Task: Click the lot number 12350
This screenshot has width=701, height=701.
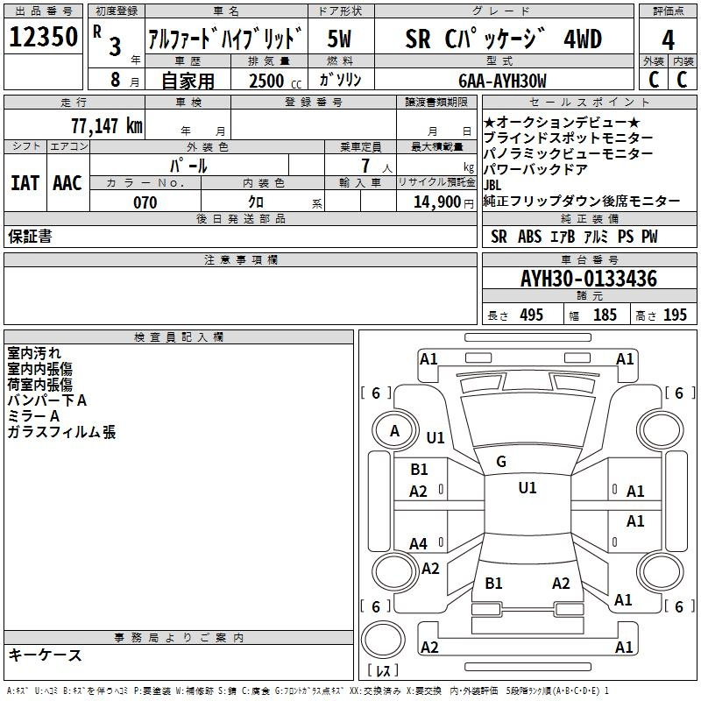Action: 43,36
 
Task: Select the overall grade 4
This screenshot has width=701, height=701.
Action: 668,39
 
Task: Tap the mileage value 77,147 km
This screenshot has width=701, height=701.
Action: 106,125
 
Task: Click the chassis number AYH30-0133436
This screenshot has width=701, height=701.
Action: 589,278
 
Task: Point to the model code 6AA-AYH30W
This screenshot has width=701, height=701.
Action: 502,81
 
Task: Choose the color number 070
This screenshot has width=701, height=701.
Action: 145,202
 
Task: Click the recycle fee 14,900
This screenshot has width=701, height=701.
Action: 436,202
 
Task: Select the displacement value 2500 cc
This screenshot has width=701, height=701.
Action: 275,81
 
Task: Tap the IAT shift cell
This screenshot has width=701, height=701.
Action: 25,183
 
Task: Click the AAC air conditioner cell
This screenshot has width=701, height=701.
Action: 67,183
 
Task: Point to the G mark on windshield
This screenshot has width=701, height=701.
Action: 501,462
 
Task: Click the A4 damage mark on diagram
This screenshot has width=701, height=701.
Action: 419,543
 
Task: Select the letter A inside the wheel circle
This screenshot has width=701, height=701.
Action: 394,431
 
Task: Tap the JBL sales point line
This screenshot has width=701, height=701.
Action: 492,185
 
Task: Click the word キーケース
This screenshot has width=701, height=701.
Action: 45,655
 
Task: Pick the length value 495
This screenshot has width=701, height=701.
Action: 532,315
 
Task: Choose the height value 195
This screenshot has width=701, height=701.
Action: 675,315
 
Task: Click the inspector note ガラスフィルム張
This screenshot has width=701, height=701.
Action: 61,432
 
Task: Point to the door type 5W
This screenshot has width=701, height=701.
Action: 340,39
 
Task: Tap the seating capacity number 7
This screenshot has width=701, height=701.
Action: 365,166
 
